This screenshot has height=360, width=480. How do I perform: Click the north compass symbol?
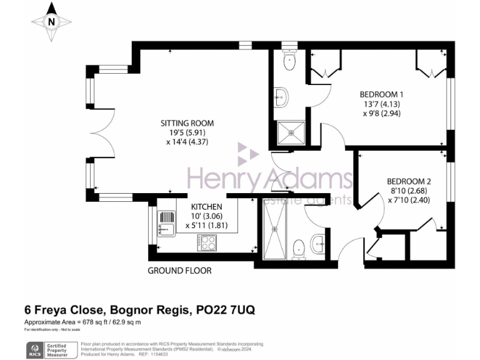click(x=52, y=20)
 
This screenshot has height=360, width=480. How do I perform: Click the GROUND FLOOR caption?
click(x=179, y=271)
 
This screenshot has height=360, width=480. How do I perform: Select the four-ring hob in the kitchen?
click(x=207, y=241)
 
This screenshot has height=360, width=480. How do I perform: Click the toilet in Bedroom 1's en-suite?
click(x=289, y=61)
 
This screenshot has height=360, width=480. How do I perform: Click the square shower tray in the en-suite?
click(x=292, y=132)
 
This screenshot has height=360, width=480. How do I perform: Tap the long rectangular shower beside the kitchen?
click(x=273, y=229)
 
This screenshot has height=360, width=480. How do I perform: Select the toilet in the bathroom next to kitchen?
click(x=298, y=247)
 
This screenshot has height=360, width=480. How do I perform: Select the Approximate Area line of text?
click(x=82, y=322)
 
